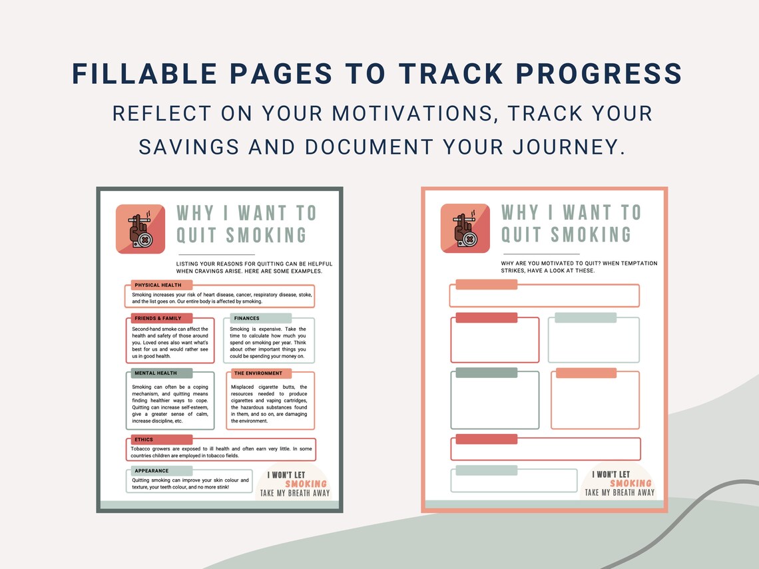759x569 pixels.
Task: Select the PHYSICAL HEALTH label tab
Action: pyautogui.click(x=158, y=285)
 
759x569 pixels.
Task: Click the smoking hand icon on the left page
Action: pyautogui.click(x=140, y=229)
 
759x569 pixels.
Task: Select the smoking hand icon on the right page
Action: pyautogui.click(x=465, y=229)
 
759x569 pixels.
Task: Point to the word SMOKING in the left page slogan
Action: pyautogui.click(x=306, y=484)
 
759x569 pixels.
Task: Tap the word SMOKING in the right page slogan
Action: pyautogui.click(x=631, y=483)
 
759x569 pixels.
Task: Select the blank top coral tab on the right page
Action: pyautogui.click(x=485, y=285)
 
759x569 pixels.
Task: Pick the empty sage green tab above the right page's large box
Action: pyautogui.click(x=485, y=375)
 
